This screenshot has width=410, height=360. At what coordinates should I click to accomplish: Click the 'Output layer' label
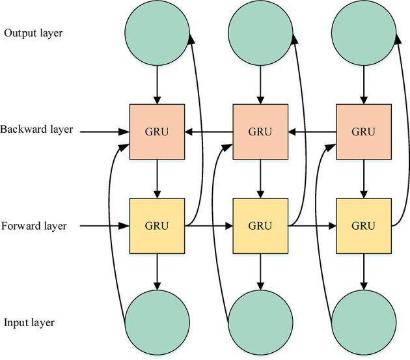33,33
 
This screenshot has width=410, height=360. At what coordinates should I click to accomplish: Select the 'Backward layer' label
36,130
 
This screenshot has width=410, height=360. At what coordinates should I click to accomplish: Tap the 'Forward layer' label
34,227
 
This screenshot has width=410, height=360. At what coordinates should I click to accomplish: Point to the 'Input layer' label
29,323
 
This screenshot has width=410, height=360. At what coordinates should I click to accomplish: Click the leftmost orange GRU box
157,131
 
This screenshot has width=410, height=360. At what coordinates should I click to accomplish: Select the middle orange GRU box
260,131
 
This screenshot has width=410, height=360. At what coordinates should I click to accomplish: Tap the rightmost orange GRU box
363,131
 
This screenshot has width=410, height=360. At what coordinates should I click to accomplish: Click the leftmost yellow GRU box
157,226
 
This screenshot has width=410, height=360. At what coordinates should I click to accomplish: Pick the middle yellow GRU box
260,226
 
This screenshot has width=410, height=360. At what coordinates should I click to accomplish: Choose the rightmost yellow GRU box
363,226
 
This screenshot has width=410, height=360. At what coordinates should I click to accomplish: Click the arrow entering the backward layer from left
104,132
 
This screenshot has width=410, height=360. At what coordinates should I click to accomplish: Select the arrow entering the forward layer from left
104,227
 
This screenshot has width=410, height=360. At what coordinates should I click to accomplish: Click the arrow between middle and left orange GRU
208,132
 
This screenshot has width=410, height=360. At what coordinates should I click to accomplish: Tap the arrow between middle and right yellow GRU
312,227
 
